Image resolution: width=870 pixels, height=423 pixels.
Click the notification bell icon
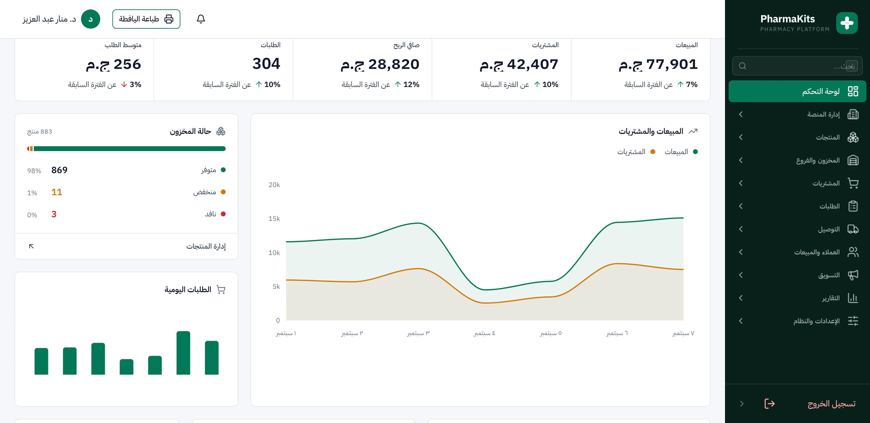201,19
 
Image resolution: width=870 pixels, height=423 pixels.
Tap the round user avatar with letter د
91,19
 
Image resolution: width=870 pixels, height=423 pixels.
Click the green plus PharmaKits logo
847,23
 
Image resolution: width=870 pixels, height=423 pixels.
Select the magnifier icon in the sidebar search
742,66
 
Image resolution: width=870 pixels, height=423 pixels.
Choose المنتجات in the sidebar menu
828,137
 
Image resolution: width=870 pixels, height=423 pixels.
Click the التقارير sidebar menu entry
831,298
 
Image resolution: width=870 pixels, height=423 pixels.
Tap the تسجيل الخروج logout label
832,403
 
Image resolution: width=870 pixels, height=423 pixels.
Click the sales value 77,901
672,64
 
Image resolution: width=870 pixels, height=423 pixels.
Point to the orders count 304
266,63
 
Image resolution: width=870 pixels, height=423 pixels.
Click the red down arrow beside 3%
124,85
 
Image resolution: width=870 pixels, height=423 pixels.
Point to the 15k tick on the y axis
274,218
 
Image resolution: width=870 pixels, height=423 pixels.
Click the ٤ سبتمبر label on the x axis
485,333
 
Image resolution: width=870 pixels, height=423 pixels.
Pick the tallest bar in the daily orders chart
183,353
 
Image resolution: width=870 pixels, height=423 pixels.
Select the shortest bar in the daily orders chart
127,366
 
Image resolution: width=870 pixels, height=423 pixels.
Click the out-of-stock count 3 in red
54,214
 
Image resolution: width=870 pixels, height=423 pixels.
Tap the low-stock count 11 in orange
57,192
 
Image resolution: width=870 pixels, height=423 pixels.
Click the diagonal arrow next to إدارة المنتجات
31,246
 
